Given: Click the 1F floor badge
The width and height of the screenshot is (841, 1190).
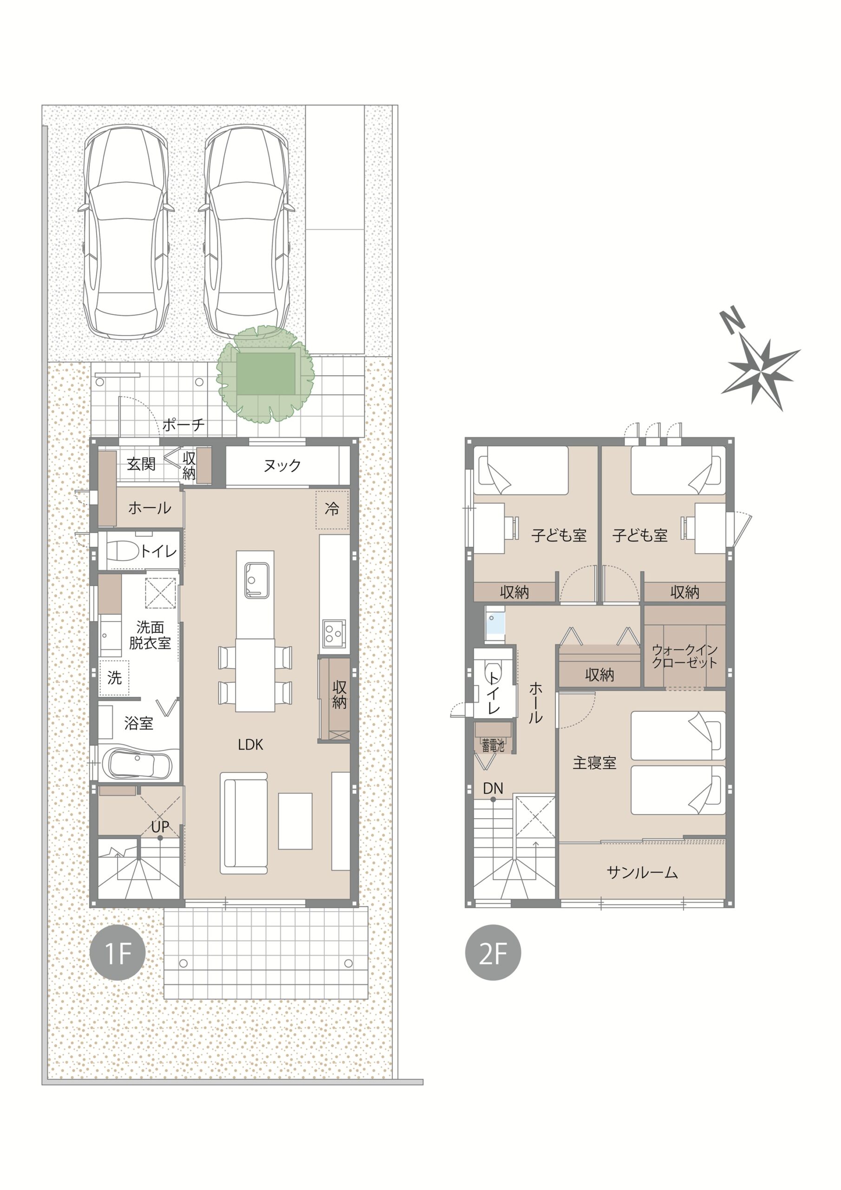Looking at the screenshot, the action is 118,952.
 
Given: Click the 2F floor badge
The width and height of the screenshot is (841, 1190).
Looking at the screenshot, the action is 493,952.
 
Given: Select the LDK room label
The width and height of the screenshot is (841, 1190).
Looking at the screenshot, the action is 251,745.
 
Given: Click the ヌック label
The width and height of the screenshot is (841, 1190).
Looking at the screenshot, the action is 282,465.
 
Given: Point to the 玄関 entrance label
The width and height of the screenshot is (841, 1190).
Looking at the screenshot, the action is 141,463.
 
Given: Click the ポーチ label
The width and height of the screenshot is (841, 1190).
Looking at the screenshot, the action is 184,425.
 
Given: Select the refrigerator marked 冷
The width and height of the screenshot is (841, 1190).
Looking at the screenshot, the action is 332,509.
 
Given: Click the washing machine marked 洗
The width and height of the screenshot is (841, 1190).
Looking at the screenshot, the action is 114,677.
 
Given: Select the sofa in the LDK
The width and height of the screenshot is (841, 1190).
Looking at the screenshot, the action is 244,823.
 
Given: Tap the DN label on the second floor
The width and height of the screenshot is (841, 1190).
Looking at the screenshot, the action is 493,788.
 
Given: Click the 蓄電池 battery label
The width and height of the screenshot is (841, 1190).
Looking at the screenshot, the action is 493,746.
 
